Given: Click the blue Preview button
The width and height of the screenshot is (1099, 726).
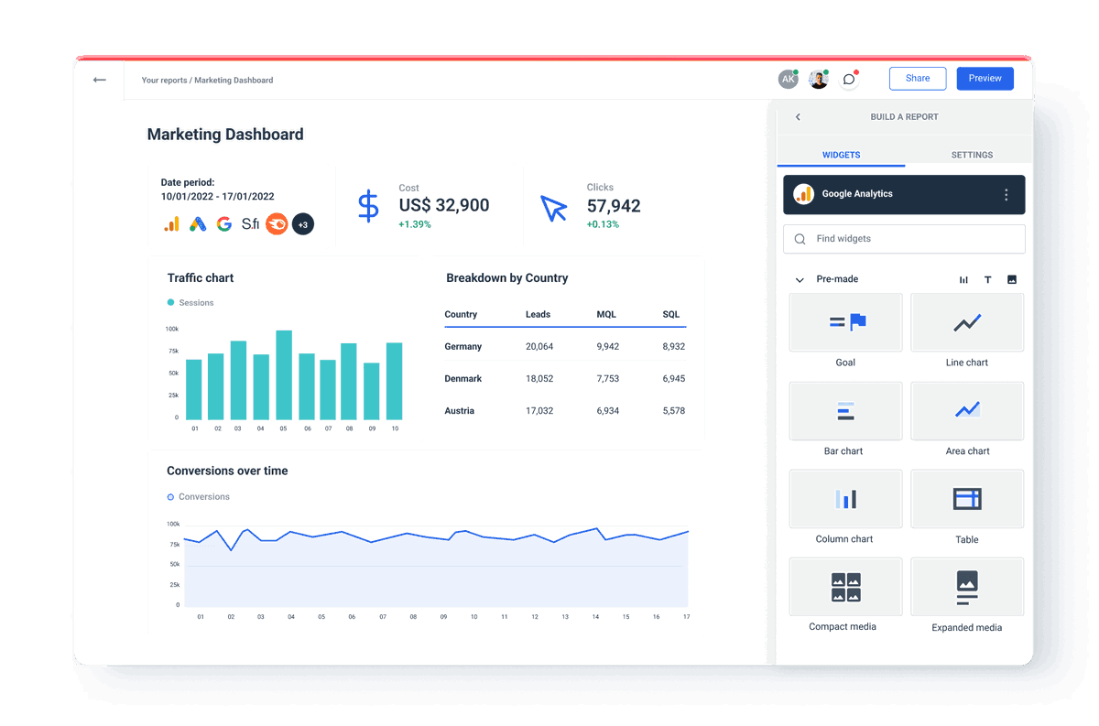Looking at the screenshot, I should coord(985,79).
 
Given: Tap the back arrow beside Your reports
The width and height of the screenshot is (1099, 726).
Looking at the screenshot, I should coord(100,80).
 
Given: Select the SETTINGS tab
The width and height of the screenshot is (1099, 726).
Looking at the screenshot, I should coord(972,155).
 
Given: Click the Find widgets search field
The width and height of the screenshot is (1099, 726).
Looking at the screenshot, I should coord(904,239).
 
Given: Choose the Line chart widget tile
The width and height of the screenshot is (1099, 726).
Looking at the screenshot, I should coord(967,323).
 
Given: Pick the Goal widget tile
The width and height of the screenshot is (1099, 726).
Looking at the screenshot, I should coord(845,323).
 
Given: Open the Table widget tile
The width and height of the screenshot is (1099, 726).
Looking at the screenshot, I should coord(967,500).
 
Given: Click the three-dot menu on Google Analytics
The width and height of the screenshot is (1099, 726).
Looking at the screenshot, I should coord(1006,195).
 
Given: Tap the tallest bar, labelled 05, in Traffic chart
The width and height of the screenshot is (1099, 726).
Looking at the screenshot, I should coord(284,375).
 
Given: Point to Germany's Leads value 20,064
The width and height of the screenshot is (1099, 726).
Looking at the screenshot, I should coord(539,347).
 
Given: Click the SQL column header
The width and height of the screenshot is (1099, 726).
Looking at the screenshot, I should coord(671,315).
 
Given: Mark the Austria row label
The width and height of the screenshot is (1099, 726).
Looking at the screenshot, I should coord(460,411).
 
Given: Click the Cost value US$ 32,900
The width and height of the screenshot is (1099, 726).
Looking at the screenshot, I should coord(444,206).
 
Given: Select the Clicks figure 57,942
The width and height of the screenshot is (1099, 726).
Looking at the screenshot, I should coord(614,206).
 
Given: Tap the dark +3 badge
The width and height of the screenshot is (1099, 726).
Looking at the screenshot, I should coord(303,223).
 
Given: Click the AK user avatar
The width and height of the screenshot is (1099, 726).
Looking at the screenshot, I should coord(788,80).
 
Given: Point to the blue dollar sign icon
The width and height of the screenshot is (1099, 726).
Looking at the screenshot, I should coord(367,207).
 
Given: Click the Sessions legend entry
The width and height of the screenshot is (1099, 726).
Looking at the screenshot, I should coord(195,303).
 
